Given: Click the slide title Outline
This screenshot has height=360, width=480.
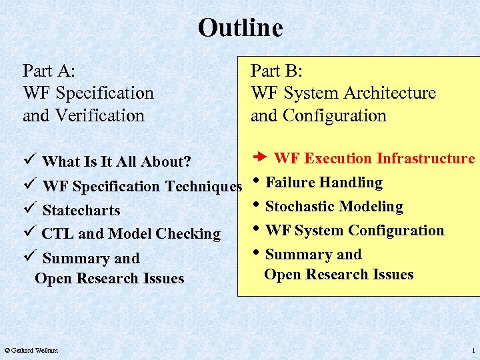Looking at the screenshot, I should pos(240,28).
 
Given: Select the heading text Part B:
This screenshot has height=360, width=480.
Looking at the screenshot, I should pos(277,71).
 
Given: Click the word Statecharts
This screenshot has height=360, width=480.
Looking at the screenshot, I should pos(81,211).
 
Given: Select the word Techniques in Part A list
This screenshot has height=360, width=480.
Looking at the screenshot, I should pos(207,187).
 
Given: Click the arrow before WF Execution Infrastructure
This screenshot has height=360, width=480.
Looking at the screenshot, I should pos(261,158).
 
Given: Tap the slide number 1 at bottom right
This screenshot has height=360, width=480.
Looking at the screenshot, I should pos(473,350).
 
